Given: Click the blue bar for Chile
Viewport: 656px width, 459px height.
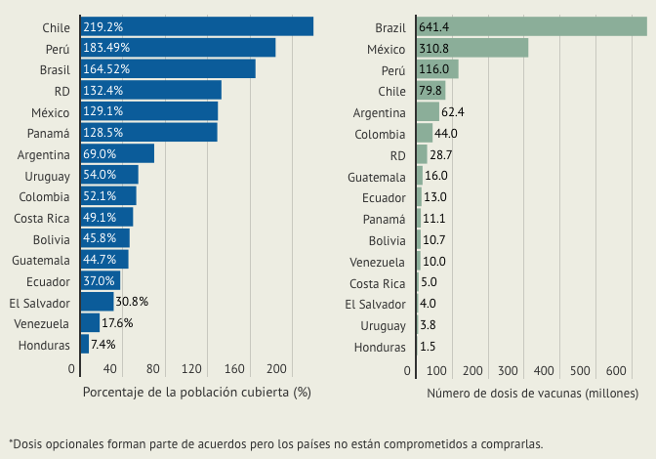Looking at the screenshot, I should pos(196,26).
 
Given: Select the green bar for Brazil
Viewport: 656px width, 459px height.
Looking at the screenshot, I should pos(531,26).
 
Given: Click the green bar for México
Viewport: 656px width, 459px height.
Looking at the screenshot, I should pos(471,48).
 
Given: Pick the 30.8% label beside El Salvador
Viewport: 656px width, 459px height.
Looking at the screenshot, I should pos(132,302).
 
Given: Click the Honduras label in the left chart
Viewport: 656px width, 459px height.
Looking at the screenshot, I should pos(44,345).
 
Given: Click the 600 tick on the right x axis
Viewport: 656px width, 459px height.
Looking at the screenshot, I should pos(615,371).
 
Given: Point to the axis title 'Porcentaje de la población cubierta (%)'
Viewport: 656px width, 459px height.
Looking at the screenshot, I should pos(196,394).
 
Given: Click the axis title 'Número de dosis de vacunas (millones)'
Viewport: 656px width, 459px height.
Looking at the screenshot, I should pos(532,394).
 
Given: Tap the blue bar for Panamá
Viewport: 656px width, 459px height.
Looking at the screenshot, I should pos(148,132).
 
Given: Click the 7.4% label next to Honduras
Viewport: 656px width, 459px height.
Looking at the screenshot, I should pos(103,345).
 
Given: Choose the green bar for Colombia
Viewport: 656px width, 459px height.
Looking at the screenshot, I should pos(424,133).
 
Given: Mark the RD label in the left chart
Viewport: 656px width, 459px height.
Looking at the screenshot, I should pos(61,90).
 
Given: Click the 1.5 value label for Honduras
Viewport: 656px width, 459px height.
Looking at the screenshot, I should pos(428,347).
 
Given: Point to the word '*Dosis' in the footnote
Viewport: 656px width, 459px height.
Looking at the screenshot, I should pos(27,442).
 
